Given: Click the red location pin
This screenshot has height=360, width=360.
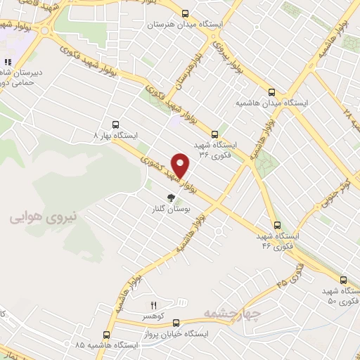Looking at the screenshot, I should coord(182,166).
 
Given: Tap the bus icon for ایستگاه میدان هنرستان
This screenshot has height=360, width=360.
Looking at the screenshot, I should coord(185,13).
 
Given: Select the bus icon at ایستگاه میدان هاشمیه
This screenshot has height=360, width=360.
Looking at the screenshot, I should coord(272,91).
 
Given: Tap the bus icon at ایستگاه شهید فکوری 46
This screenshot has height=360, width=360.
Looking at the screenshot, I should coord(278,225).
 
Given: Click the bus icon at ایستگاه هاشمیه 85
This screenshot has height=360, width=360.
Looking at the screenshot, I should coord(106,335).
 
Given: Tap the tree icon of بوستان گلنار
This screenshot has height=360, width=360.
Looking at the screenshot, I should coord(169,198).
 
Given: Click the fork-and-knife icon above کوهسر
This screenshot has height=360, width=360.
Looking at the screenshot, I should coord(153,304).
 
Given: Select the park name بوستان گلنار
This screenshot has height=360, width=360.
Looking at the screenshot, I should coord(168,209).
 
